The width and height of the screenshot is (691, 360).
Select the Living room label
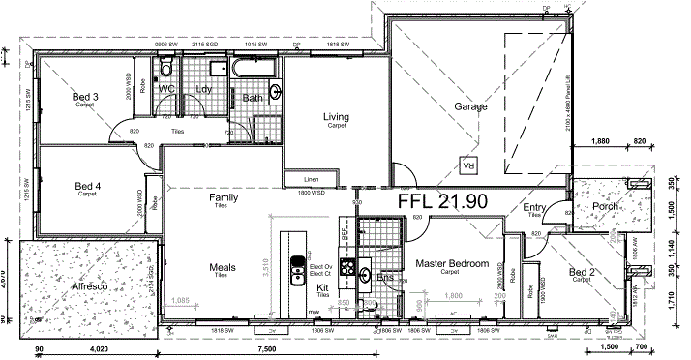(336, 118)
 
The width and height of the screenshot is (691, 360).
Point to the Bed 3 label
(86, 97)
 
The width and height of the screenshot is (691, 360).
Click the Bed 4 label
(87, 186)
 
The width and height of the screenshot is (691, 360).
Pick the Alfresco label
(88, 287)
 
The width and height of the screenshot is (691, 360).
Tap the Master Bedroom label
(449, 263)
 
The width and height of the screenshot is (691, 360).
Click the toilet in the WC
(166, 69)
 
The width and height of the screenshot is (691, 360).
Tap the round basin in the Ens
(364, 274)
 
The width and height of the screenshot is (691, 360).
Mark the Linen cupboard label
(311, 180)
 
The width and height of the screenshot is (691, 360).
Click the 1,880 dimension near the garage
(601, 141)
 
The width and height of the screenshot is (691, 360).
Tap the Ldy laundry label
(204, 89)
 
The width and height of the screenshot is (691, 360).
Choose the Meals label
(224, 267)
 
